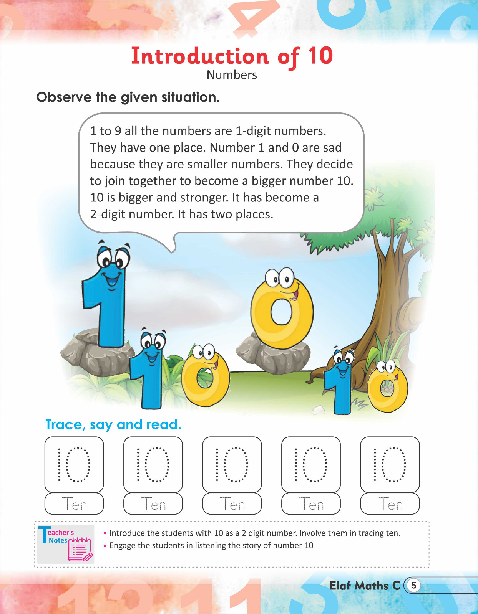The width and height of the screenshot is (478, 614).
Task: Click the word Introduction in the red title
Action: tap(200, 56)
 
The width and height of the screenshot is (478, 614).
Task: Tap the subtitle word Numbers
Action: tap(232, 75)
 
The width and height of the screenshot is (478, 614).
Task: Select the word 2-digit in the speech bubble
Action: tap(108, 214)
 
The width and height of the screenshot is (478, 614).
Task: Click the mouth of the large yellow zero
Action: tap(294, 295)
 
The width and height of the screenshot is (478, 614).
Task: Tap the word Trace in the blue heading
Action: tap(63, 425)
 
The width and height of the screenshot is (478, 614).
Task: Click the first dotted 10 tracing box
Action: tap(74, 464)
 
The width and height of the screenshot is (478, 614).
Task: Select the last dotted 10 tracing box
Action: tap(390, 464)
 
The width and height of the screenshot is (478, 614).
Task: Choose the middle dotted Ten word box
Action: tap(232, 504)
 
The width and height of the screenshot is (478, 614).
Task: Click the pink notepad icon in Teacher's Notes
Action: tap(80, 550)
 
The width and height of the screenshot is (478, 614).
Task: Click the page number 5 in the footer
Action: tap(413, 586)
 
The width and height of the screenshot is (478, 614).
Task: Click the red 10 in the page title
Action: tap(320, 56)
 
